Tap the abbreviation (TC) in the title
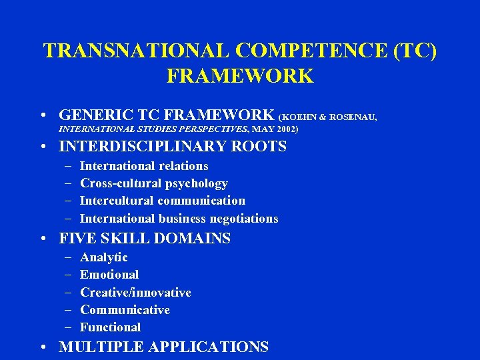(413, 51)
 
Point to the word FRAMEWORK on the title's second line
(240, 76)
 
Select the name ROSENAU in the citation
(355, 117)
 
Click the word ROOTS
(263, 146)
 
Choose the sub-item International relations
(144, 166)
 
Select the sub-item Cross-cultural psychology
(154, 183)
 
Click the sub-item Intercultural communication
(163, 201)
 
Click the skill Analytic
(104, 257)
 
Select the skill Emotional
(109, 275)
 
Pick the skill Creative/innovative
(135, 293)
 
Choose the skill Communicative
(125, 310)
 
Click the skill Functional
(111, 327)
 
